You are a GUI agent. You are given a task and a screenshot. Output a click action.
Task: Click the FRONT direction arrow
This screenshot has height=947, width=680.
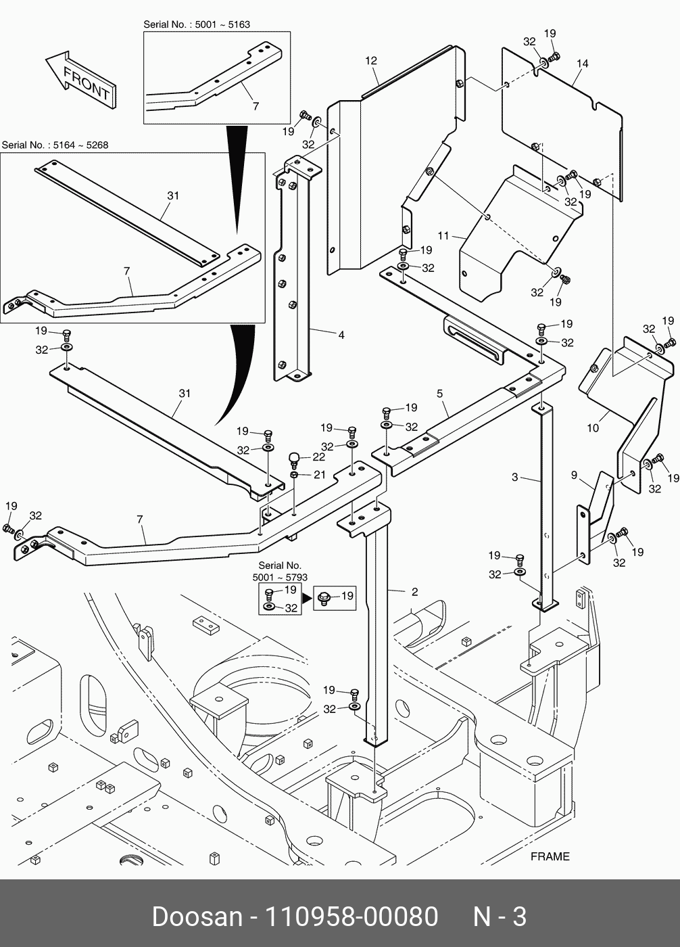tap(80, 80)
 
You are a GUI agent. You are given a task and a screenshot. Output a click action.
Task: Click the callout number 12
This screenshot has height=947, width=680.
tap(371, 61)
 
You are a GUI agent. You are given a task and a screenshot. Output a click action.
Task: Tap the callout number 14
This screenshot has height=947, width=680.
tap(583, 64)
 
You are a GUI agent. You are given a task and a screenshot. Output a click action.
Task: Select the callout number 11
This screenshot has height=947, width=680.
tap(443, 236)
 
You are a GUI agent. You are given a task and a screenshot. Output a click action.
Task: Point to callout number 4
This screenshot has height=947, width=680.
tap(341, 334)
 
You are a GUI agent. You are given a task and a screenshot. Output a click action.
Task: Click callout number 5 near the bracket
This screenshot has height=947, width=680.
tap(439, 393)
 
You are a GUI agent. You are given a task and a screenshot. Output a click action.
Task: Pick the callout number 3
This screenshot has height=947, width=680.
tap(514, 478)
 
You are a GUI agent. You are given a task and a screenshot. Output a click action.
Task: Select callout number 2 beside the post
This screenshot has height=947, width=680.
tap(414, 592)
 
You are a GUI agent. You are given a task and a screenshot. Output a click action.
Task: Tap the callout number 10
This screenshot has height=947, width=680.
tap(593, 428)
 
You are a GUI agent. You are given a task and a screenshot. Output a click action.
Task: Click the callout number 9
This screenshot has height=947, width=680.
tap(574, 476)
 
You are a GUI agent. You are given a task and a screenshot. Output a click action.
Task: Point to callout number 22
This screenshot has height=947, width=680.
tap(318, 457)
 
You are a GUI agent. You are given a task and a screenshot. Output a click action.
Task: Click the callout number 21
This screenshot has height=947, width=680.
tap(319, 475)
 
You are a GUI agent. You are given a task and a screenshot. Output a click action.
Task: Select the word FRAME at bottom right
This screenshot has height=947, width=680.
tap(550, 856)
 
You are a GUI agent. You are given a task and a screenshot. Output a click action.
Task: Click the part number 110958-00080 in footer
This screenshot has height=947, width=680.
tap(351, 917)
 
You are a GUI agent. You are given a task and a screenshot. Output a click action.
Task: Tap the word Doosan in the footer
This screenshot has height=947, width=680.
tap(197, 917)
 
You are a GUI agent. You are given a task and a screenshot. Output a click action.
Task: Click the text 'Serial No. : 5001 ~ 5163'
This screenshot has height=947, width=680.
tap(196, 24)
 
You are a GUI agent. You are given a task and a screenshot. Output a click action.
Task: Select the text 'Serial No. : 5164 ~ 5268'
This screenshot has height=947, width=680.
tap(55, 145)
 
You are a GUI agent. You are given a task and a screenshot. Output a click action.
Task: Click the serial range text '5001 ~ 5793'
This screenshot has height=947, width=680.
tap(280, 578)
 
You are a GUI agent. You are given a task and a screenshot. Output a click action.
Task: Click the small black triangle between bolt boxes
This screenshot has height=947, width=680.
tap(307, 598)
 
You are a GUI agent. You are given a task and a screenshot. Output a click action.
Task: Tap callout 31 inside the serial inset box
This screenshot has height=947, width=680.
tap(173, 195)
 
